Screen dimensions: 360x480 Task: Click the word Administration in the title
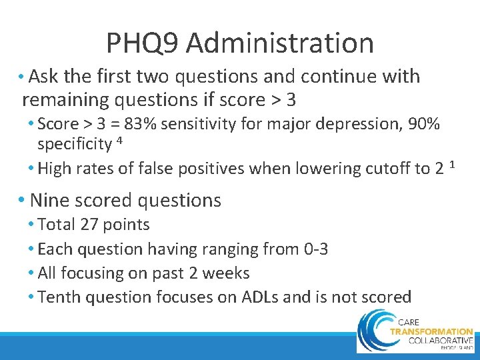(x=280, y=43)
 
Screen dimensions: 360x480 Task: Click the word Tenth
(x=59, y=297)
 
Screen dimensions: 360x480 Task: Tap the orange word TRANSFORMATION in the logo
(x=431, y=331)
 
